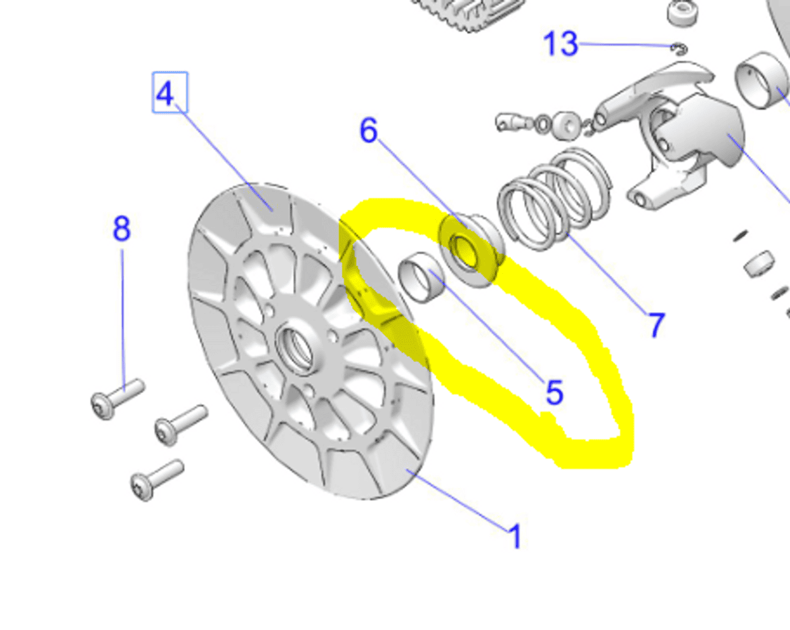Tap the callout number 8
pyautogui.click(x=122, y=229)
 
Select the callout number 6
pyautogui.click(x=368, y=131)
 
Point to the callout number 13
pyautogui.click(x=560, y=44)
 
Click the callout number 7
pyautogui.click(x=655, y=325)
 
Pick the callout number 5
pyautogui.click(x=554, y=392)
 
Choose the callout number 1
pyautogui.click(x=515, y=537)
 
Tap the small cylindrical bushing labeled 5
pyautogui.click(x=423, y=277)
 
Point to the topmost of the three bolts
pyautogui.click(x=117, y=397)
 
